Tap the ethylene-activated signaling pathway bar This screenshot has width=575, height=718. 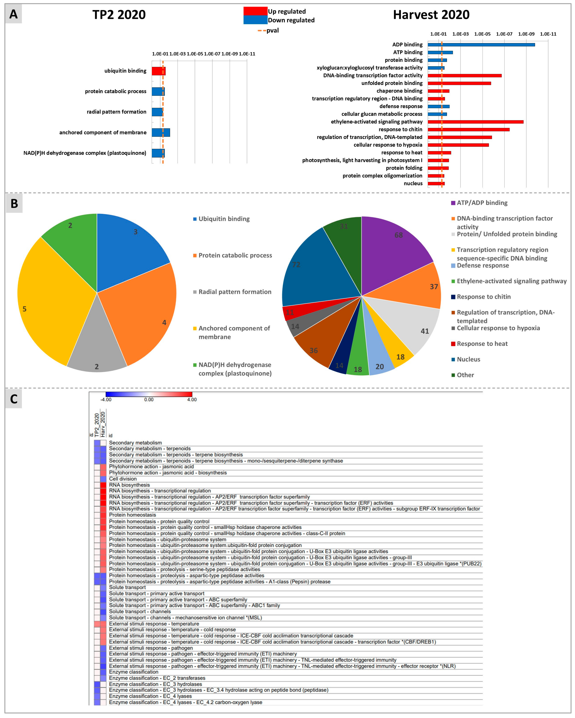tap(475, 122)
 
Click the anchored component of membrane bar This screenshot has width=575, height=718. tap(161, 133)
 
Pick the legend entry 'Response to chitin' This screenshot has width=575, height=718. tap(483, 297)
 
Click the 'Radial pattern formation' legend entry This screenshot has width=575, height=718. tap(235, 292)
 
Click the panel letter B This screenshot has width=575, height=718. tap(14, 203)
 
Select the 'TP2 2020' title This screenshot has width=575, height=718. tap(119, 15)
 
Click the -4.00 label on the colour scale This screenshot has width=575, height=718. tap(106, 400)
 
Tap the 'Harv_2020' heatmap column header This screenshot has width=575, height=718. tap(103, 424)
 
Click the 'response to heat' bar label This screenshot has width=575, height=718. tap(402, 153)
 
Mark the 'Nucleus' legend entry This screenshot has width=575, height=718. tap(468, 359)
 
